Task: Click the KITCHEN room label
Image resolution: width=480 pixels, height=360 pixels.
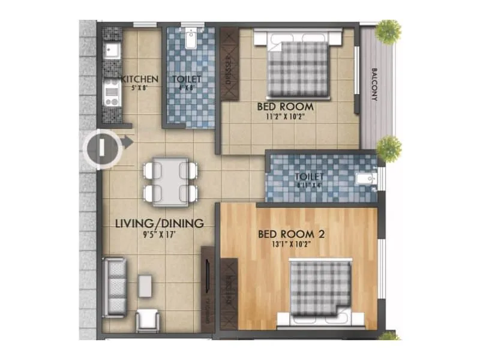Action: (140, 79)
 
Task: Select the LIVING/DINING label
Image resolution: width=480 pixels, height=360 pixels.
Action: (160, 223)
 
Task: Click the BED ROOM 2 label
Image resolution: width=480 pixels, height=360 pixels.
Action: (291, 234)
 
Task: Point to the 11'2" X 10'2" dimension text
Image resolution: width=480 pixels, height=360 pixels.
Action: (285, 117)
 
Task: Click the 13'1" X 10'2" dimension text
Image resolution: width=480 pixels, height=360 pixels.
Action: (291, 245)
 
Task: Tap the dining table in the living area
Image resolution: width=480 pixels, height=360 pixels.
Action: (170, 181)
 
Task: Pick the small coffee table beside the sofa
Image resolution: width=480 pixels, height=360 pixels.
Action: (145, 285)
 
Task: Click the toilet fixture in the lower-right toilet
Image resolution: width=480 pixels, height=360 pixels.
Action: (366, 178)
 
